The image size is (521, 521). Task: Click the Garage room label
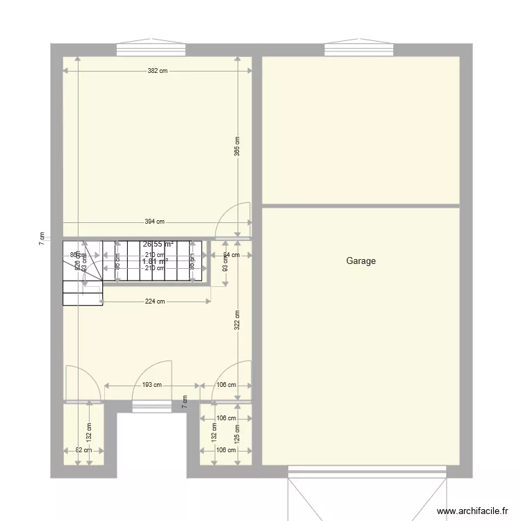pos(361,261)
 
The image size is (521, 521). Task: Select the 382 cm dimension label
pos(158,71)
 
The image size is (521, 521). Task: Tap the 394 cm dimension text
pos(154,222)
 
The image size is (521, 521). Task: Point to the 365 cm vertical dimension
pos(237,146)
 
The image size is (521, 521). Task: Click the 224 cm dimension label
pos(155,301)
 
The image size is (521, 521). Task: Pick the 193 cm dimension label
pos(152,385)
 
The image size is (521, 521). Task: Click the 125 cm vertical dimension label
pos(237,435)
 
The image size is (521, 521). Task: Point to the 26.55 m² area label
pos(158,245)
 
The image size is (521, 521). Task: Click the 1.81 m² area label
pos(156,262)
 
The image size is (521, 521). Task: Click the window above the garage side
pos(358,49)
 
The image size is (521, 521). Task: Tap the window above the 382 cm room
pos(151,49)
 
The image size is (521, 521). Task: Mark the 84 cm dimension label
pos(231,255)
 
